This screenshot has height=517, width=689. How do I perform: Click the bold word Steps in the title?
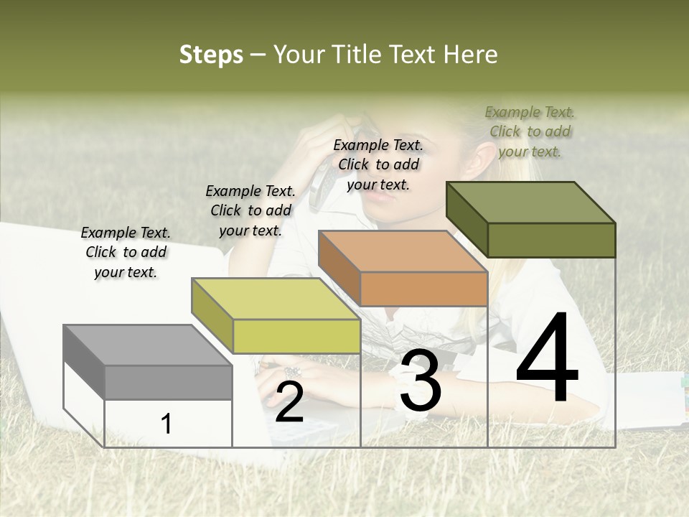point(211,55)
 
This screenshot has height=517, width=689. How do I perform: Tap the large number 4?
point(547,359)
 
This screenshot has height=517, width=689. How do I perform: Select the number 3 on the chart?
point(420,381)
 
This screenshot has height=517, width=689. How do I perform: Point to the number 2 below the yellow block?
point(289,402)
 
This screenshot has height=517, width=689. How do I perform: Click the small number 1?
point(167,424)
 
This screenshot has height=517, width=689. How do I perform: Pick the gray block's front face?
point(168,382)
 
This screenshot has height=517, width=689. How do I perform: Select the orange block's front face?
point(423,289)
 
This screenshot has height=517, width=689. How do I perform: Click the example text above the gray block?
point(126,252)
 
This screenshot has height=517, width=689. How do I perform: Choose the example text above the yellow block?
point(250,210)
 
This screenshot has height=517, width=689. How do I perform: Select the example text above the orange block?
point(378,164)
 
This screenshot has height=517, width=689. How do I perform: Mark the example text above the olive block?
point(530,131)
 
